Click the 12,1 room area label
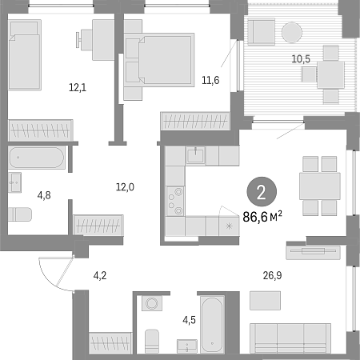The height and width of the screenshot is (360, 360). click(x=78, y=87)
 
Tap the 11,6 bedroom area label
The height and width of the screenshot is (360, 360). click(x=210, y=80)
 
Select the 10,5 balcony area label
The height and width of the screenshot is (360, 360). click(x=301, y=59)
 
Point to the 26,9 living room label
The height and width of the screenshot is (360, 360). click(x=272, y=275)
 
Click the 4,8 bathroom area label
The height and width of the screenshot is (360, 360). click(x=44, y=195)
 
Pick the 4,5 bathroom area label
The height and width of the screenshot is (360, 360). click(x=189, y=320)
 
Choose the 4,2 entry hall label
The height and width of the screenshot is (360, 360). click(x=100, y=275)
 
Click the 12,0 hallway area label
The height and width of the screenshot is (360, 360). click(x=125, y=187)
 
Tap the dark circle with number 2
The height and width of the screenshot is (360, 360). click(x=262, y=192)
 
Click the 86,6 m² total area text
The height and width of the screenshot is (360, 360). click(x=262, y=217)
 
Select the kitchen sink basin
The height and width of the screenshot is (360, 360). click(x=195, y=155)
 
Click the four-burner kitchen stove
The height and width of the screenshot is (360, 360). click(x=175, y=201)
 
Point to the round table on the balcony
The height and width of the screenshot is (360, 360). click(x=292, y=32)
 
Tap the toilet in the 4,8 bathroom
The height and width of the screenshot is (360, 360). click(x=20, y=214)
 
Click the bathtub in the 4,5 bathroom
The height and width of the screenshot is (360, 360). click(x=212, y=325)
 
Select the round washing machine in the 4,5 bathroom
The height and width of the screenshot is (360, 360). click(x=152, y=303)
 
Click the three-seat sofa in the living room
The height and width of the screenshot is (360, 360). click(x=290, y=338)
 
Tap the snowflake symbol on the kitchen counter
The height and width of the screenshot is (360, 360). click(x=229, y=226)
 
